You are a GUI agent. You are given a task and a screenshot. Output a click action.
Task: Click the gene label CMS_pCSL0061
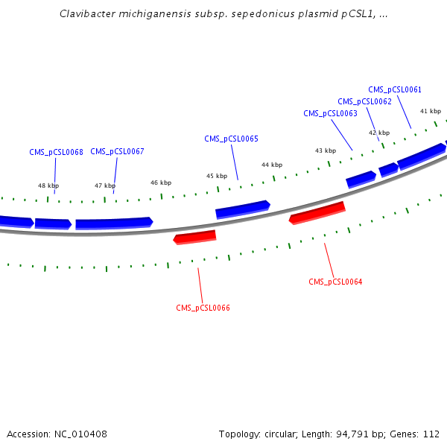point(395,89)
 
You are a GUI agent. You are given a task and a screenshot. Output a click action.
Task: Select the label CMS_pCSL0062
point(364,101)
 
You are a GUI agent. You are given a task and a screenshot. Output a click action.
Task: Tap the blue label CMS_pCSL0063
point(330,113)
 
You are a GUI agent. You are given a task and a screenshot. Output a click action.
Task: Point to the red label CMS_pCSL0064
point(335,282)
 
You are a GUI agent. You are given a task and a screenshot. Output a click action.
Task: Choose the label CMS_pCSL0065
point(231,139)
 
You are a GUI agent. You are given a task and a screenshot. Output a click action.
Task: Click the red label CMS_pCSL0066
point(203,308)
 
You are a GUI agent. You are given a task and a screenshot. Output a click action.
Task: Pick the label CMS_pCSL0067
point(117,151)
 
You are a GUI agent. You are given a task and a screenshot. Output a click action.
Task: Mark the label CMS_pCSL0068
point(56,152)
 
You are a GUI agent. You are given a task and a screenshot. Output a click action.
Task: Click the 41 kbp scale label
point(430,111)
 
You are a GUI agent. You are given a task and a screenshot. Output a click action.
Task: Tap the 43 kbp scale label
point(325,150)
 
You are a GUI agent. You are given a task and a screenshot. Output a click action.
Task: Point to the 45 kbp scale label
point(217,176)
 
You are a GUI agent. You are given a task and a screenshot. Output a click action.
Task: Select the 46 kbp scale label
point(161,183)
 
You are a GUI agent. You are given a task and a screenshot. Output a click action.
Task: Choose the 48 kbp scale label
point(48,186)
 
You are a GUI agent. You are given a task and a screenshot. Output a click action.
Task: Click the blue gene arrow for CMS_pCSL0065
point(242,209)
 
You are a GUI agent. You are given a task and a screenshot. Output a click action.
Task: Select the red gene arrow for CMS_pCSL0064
point(317,212)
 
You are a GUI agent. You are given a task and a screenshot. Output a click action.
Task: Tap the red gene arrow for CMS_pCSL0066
point(194,237)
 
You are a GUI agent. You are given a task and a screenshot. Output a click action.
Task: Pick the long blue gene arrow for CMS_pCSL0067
point(113,222)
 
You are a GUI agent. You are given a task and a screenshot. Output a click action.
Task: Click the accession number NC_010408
point(78,434)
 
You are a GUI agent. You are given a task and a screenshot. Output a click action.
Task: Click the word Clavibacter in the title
point(84,14)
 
